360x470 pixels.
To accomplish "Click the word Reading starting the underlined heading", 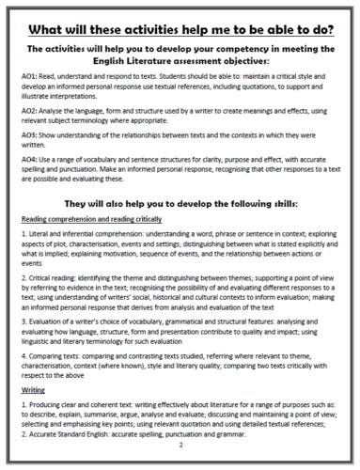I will point(38,220).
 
